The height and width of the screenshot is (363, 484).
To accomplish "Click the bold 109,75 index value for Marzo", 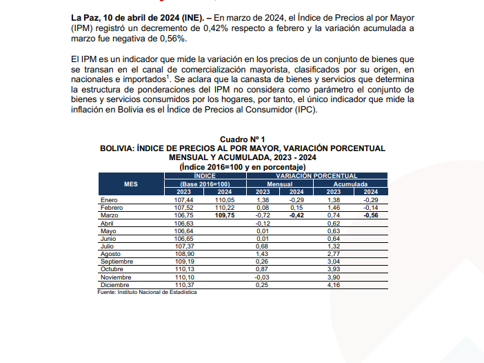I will pyautogui.click(x=225, y=215).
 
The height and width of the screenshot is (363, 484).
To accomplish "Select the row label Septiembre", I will pyautogui.click(x=116, y=262).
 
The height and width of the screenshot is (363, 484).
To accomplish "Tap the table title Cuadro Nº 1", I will pyautogui.click(x=242, y=139).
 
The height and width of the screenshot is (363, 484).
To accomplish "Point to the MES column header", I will pyautogui.click(x=130, y=184).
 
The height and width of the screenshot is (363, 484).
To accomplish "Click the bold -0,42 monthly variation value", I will pyautogui.click(x=296, y=215).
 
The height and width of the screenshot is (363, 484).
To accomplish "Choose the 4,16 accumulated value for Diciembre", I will pyautogui.click(x=332, y=285).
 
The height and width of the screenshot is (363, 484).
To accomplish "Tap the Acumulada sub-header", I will pyautogui.click(x=351, y=184).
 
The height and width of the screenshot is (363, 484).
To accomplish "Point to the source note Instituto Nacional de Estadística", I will pyautogui.click(x=147, y=293).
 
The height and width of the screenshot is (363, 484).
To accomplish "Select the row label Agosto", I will pyautogui.click(x=111, y=254).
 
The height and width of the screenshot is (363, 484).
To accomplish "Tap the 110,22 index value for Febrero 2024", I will pyautogui.click(x=225, y=206).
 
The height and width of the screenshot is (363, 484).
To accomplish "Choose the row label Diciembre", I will pyautogui.click(x=114, y=285).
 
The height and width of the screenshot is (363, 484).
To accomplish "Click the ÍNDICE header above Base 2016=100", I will pyautogui.click(x=204, y=176).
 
